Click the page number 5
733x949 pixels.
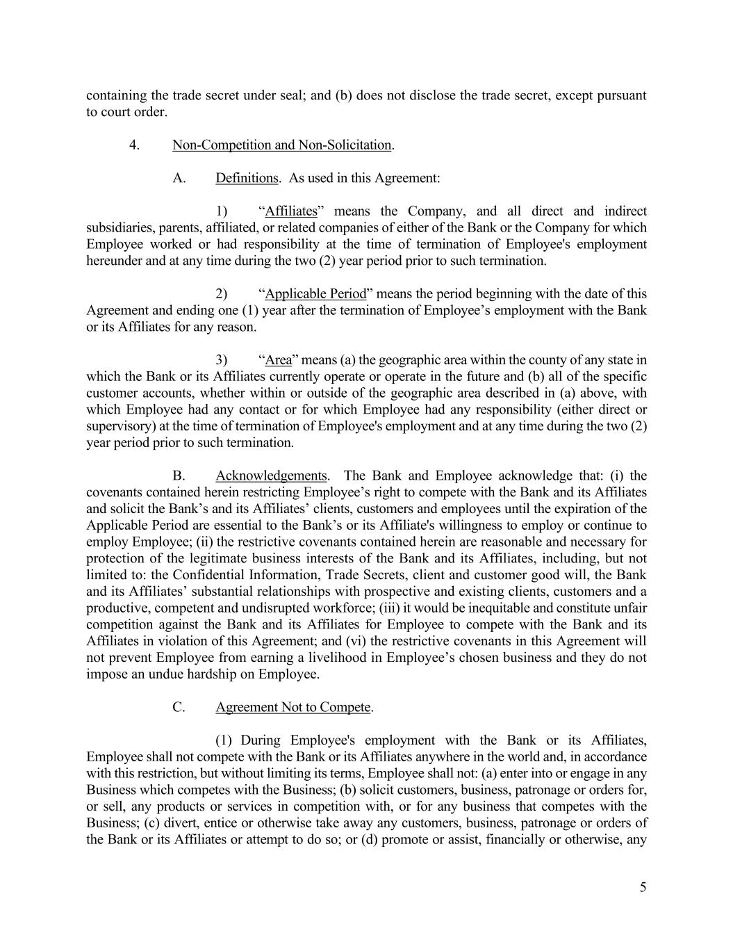coord(643,887)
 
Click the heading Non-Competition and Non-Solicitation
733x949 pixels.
coord(281,145)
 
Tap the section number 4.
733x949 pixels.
coord(135,145)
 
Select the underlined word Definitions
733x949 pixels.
coord(247,178)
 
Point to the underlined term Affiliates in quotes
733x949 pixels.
coord(291,211)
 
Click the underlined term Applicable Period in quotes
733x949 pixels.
coord(315,294)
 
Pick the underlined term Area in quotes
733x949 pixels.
coord(279,360)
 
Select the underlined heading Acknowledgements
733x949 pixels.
coord(271,476)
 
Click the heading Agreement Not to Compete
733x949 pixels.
coord(293,708)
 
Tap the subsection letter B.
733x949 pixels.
coord(179,476)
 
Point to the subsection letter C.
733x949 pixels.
coord(179,708)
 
